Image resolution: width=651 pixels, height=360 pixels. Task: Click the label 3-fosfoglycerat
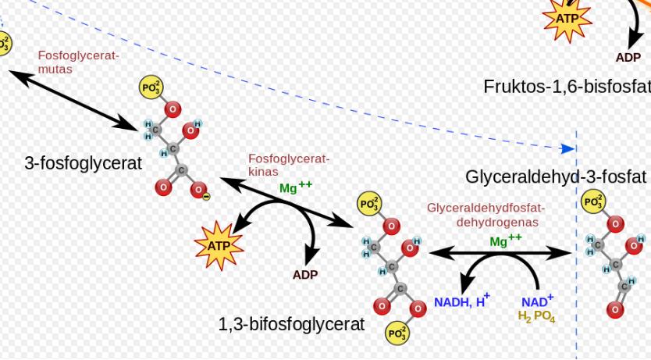pos(84,163)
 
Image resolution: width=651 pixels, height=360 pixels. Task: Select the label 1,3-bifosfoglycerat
pos(291,323)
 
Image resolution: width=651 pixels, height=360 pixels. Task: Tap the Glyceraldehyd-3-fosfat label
pos(556,176)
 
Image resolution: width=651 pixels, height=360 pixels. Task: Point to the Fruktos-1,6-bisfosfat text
pos(567,86)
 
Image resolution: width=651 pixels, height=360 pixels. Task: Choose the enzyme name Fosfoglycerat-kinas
pos(289,165)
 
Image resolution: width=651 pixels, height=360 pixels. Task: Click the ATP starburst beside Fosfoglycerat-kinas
pos(219,246)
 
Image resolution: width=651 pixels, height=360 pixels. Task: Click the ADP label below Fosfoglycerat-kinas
pos(305,275)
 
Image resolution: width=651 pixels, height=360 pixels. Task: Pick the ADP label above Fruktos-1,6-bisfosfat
pos(628,57)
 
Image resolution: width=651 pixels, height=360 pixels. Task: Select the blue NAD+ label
pos(537,301)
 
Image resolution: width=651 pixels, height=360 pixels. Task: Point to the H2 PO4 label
pos(536,316)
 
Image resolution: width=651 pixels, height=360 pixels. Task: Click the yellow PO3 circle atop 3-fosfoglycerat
pos(151,87)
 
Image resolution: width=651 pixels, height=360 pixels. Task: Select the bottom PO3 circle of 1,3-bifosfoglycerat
pos(397,334)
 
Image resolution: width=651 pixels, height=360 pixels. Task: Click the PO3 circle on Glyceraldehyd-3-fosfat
pos(594,203)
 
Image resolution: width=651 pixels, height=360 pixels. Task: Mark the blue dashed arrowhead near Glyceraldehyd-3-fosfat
pos(569,148)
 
